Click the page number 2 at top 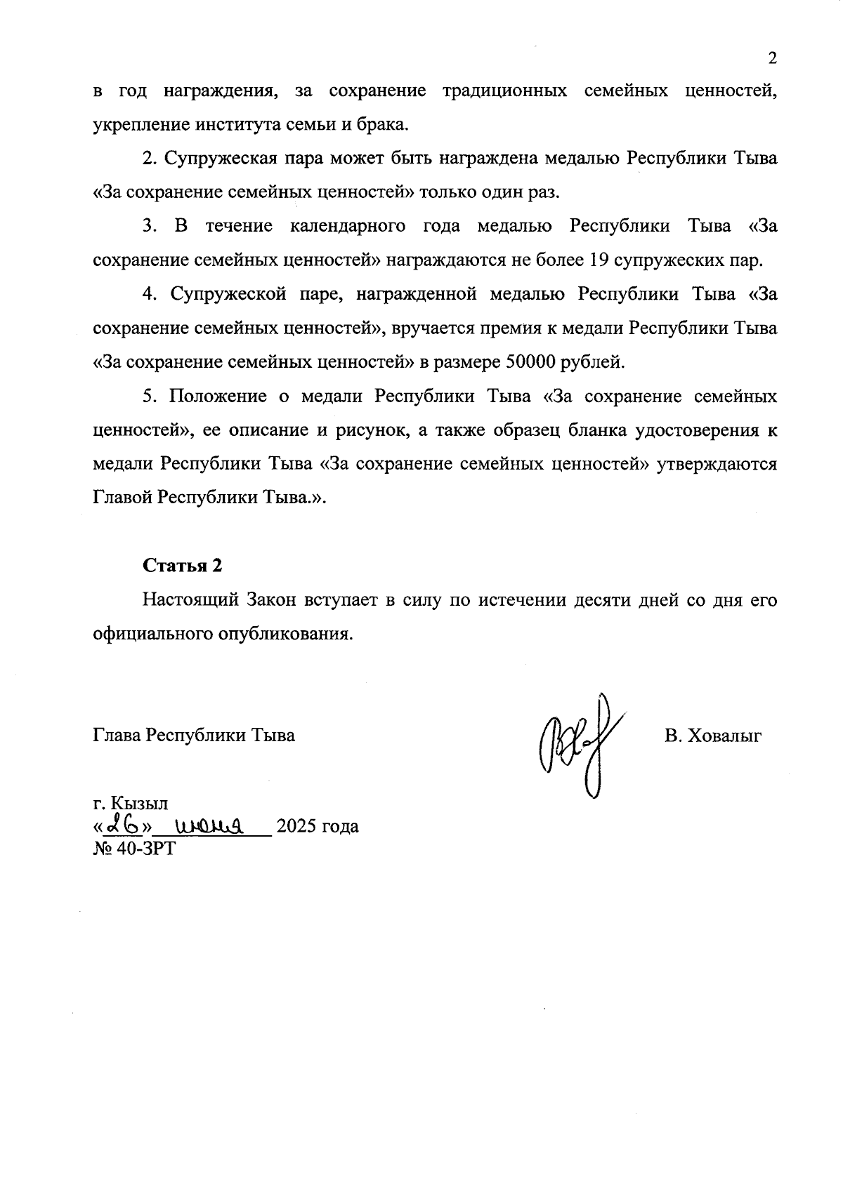[772, 58]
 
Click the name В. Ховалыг [713, 736]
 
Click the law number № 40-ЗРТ [134, 848]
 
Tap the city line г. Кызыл [130, 802]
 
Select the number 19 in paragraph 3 [599, 260]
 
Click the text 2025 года [318, 826]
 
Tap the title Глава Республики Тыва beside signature [194, 736]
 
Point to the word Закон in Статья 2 [273, 601]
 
